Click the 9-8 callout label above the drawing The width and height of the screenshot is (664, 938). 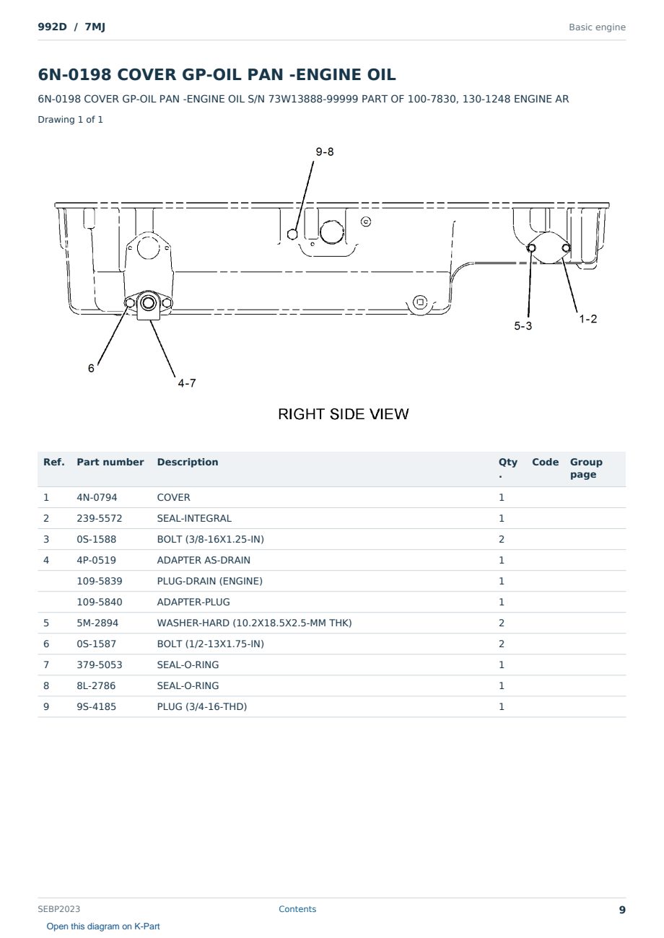(325, 152)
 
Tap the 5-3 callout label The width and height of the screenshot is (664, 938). (523, 326)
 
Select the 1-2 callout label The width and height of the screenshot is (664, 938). (587, 319)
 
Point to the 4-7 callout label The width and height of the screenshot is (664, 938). (187, 383)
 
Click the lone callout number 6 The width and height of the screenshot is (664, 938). (91, 368)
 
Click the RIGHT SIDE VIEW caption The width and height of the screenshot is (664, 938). (343, 414)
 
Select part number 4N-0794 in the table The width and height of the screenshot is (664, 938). (97, 497)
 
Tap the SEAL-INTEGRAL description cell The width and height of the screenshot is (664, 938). (194, 518)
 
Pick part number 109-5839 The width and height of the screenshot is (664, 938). (100, 582)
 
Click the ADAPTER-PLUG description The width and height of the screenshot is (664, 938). (193, 602)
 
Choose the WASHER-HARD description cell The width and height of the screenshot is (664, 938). (254, 623)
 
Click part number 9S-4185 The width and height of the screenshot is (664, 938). (97, 707)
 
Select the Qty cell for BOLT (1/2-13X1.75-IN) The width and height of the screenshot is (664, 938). (502, 644)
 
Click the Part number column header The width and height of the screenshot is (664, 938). (110, 462)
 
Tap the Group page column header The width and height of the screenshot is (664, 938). (586, 468)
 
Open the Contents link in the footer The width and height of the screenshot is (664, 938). (297, 909)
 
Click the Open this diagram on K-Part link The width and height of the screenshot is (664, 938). (103, 926)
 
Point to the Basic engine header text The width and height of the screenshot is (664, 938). (597, 27)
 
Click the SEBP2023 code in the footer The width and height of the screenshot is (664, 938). (58, 909)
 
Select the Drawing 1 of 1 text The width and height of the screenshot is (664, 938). (71, 120)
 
